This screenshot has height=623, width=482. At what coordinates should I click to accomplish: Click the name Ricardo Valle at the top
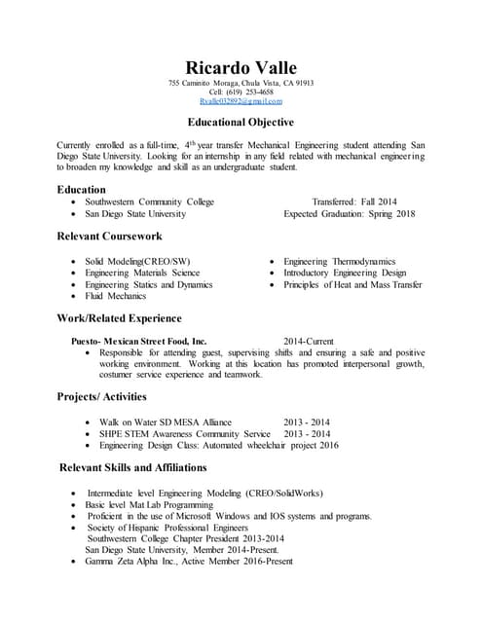tap(241, 66)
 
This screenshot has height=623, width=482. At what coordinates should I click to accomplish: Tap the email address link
tap(241, 101)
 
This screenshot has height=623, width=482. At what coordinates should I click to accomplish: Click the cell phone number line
tap(241, 92)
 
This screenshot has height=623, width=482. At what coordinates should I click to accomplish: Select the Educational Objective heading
tap(241, 123)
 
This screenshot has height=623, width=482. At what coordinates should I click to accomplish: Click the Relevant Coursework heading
tap(109, 237)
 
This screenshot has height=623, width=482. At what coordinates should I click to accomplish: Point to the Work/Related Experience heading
tap(119, 318)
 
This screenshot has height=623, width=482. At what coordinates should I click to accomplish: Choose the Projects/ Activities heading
tap(102, 397)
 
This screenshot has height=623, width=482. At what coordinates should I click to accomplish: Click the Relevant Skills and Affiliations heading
tap(132, 468)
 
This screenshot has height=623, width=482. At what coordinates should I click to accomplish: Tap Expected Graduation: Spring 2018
tap(349, 214)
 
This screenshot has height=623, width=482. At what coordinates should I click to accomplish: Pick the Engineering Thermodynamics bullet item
tap(339, 262)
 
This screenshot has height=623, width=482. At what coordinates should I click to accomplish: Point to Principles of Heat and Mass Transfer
tap(352, 284)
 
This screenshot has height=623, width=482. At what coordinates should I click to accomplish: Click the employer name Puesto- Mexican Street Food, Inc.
tap(139, 342)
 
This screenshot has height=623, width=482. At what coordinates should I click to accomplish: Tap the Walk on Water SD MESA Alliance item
tap(166, 422)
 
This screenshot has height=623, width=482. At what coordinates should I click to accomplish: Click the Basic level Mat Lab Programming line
tap(149, 506)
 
